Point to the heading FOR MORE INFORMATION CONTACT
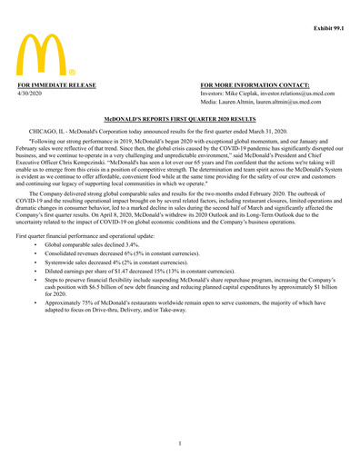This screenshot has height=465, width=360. (x=255, y=84)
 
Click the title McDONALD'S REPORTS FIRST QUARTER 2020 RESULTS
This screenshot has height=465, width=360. (x=179, y=118)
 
